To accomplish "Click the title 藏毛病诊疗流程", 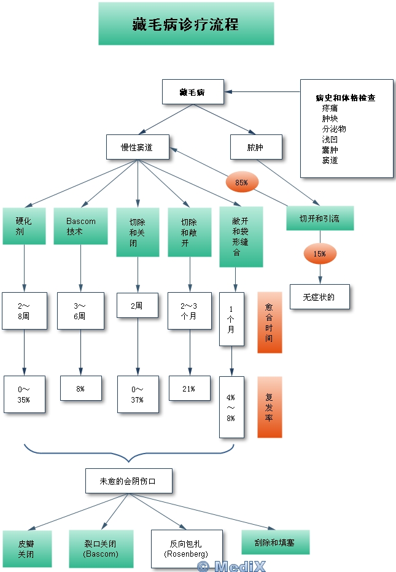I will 185,24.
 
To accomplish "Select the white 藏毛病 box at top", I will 193,92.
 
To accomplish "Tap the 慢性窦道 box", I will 137,147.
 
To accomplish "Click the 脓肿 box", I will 256,147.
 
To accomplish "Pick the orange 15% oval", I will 320,253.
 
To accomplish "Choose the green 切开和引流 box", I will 319,218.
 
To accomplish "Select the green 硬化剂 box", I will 24,226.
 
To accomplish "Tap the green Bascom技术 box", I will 81,226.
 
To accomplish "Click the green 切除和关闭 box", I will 138,232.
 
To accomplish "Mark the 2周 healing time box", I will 137,305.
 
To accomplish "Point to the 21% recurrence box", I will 188,388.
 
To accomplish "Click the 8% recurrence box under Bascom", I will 80,388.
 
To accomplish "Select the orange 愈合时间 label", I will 269,322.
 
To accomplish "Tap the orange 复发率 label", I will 269,407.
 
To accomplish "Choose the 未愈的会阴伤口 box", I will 128,481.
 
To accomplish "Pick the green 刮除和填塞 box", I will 275,542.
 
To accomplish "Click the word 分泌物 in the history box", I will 334,129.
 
